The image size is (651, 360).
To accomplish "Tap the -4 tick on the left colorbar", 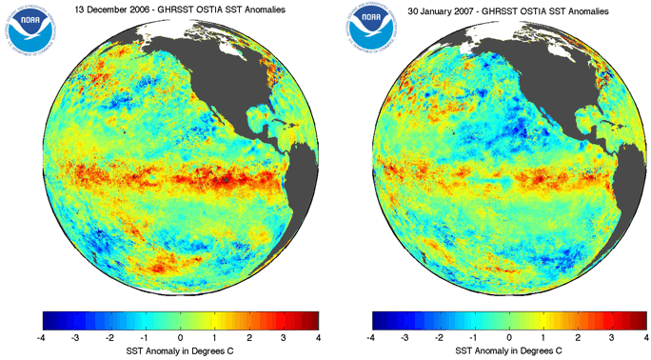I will (x=43, y=337).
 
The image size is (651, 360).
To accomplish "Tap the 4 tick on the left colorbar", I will (x=318, y=337).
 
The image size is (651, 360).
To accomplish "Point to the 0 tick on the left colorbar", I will (x=181, y=337).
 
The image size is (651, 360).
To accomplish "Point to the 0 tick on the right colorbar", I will (x=509, y=337).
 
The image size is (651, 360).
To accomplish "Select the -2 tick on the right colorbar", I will (x=441, y=337).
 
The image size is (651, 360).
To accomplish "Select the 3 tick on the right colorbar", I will (x=612, y=337).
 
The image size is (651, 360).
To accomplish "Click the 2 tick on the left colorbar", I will (x=249, y=337).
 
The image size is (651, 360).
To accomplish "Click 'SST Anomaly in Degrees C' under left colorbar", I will (x=181, y=351).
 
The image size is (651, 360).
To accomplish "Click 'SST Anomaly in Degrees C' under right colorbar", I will (x=509, y=351).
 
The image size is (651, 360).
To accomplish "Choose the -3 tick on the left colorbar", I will (x=77, y=337).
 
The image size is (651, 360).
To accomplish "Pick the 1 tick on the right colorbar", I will (x=543, y=337).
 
